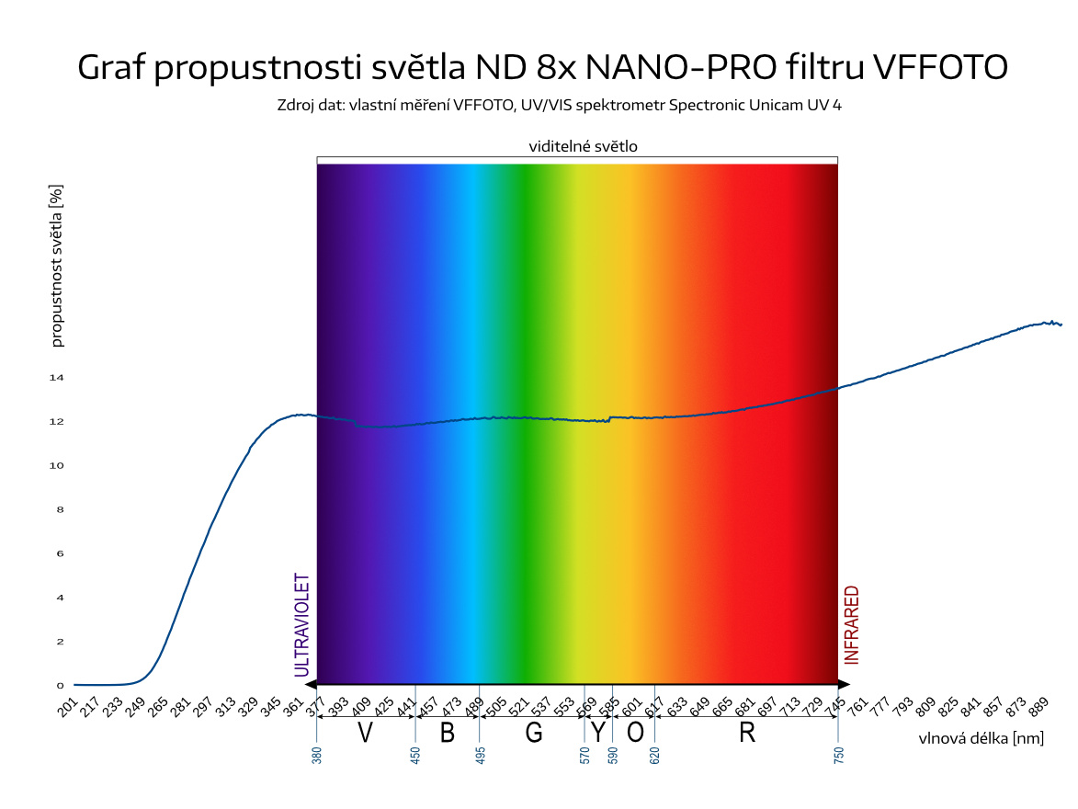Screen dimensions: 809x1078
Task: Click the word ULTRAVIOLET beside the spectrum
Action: (x=301, y=625)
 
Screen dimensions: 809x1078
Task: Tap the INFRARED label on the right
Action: (x=852, y=625)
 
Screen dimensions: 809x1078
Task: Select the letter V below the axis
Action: (x=365, y=733)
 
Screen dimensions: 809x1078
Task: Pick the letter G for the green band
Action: (x=534, y=733)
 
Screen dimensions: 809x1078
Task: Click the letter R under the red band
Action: (x=746, y=733)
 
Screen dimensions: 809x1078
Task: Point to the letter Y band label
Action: (x=598, y=733)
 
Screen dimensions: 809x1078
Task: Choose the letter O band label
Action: (x=634, y=733)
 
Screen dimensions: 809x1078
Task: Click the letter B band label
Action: (x=448, y=733)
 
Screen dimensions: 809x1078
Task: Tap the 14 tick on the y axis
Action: (x=56, y=378)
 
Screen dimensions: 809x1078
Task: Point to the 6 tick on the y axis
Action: (x=60, y=553)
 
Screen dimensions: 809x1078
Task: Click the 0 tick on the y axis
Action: (x=60, y=686)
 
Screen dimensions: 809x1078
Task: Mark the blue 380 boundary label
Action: (x=317, y=756)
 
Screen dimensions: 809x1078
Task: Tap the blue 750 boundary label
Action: (x=838, y=756)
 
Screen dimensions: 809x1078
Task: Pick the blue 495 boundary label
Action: (x=480, y=756)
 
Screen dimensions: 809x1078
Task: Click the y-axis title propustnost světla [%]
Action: (x=57, y=265)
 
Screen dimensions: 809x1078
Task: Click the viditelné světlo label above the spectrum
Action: (x=583, y=146)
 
